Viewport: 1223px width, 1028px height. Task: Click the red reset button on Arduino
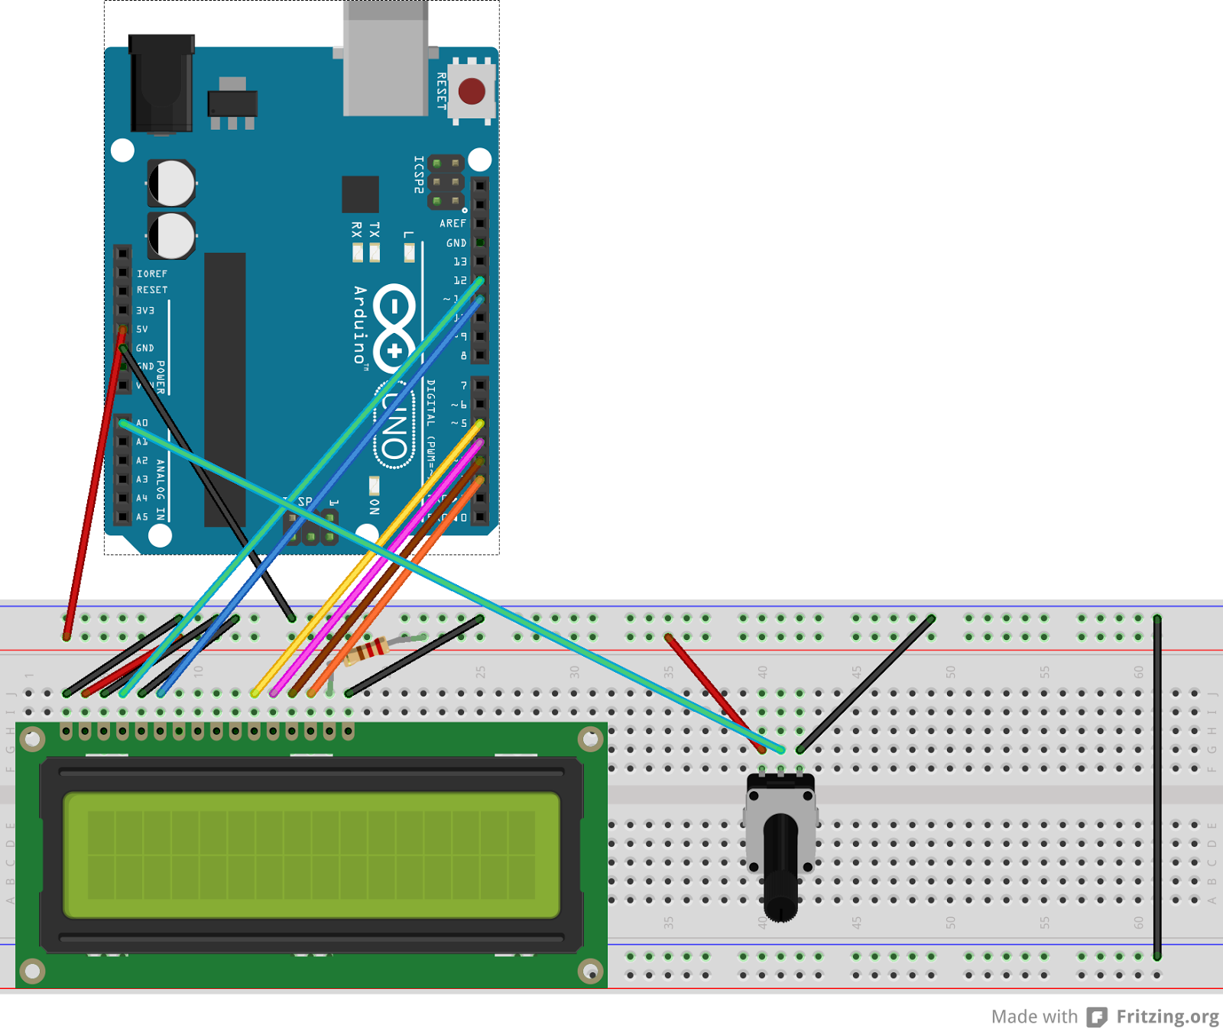coord(472,92)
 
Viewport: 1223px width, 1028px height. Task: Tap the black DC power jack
coord(161,84)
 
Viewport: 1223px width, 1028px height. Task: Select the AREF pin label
coord(453,224)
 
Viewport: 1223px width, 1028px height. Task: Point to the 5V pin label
coord(142,329)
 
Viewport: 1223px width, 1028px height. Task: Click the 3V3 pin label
coord(145,311)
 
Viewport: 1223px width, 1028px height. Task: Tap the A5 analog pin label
coord(142,517)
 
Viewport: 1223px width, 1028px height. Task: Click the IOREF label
coord(152,273)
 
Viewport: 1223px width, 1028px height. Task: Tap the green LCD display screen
coord(311,855)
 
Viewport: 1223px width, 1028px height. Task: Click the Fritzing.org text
coord(1167,1017)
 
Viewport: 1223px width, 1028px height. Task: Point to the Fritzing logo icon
coord(1097,1017)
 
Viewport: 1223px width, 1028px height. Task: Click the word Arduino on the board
coord(360,325)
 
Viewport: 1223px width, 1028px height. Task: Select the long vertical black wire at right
coord(1157,787)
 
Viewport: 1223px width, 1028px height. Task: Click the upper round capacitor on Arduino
coord(172,183)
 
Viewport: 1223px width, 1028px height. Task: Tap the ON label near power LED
coord(374,506)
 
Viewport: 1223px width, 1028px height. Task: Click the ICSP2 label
coord(418,175)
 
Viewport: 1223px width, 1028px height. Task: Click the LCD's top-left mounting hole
coord(32,739)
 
